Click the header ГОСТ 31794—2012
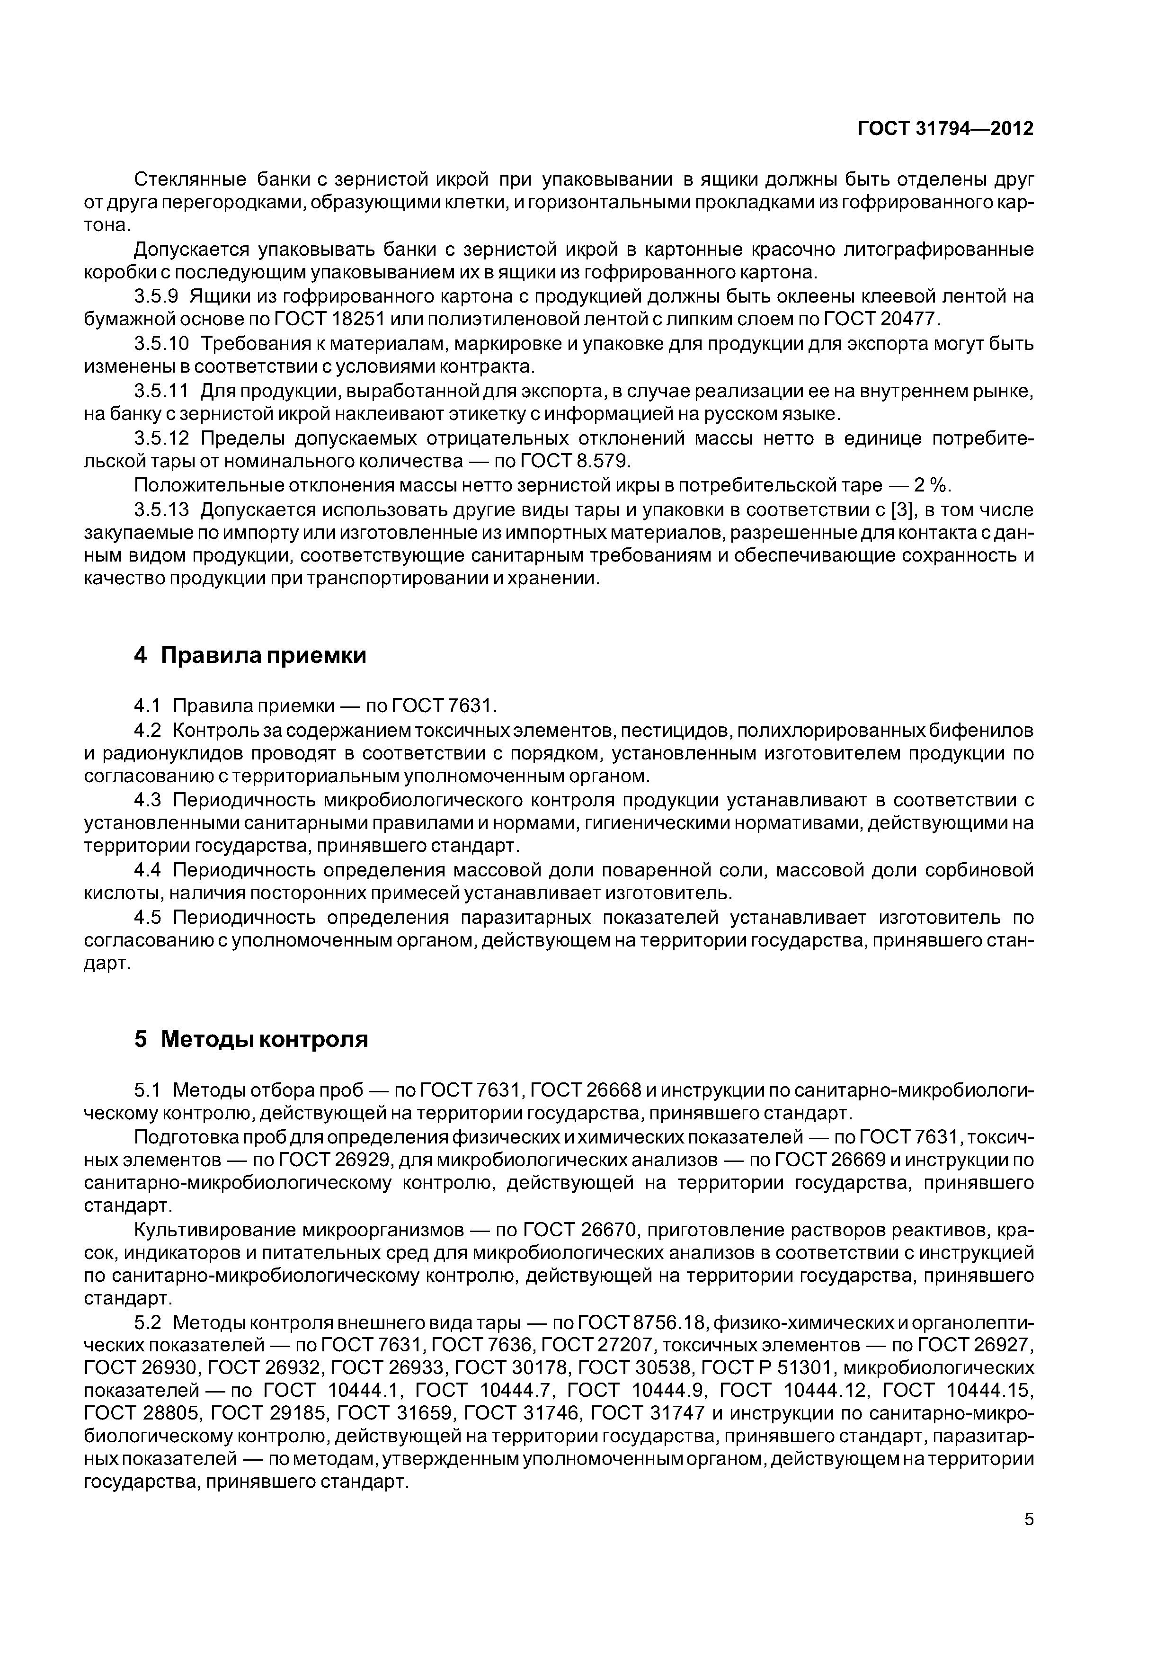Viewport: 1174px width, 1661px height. point(945,129)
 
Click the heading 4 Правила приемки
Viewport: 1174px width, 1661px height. point(250,655)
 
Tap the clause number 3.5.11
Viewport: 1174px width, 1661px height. point(161,392)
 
